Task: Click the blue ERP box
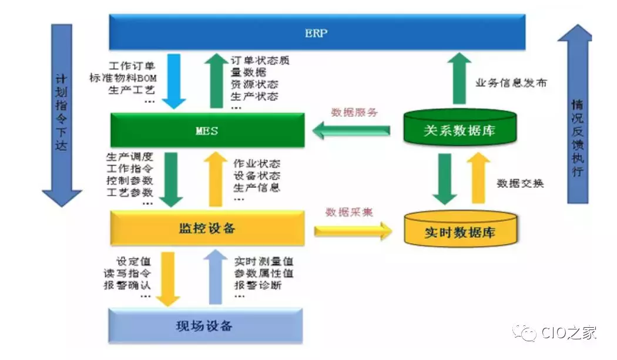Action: (316, 33)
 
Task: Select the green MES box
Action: (207, 130)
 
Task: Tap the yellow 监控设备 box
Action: (207, 228)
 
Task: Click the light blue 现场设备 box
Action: (205, 325)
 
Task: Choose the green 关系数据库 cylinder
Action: (460, 130)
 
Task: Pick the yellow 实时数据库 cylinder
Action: (460, 231)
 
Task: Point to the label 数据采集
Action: (349, 212)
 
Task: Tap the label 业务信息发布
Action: (511, 83)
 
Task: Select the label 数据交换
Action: (520, 183)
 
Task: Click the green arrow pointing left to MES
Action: (351, 130)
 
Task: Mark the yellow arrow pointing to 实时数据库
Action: (353, 230)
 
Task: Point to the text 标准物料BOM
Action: (123, 78)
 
